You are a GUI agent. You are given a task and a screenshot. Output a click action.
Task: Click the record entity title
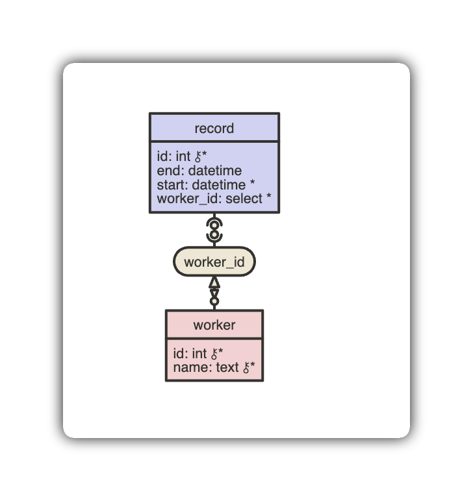pyautogui.click(x=214, y=128)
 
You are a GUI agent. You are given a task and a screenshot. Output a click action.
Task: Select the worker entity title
pyautogui.click(x=214, y=324)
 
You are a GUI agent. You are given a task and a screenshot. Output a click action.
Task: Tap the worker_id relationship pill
pyautogui.click(x=214, y=262)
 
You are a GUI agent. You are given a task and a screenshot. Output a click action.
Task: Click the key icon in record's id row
pyautogui.click(x=198, y=157)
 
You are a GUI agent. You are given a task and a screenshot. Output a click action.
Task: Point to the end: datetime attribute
pyautogui.click(x=199, y=171)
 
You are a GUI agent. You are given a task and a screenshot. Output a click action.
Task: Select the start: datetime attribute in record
pyautogui.click(x=201, y=185)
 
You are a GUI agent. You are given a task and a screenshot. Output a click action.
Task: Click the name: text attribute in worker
pyautogui.click(x=207, y=368)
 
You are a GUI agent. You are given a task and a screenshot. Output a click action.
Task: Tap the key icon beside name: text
pyautogui.click(x=247, y=368)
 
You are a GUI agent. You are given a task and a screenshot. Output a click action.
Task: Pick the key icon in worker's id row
pyautogui.click(x=214, y=354)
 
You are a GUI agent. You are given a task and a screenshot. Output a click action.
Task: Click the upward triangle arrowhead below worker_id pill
pyautogui.click(x=214, y=282)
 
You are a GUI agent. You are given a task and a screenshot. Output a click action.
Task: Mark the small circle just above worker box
pyautogui.click(x=214, y=301)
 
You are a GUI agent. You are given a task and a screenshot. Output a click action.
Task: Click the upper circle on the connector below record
pyautogui.click(x=214, y=225)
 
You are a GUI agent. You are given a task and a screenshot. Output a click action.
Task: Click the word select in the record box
pyautogui.click(x=244, y=199)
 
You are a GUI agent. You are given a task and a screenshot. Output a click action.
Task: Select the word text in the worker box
pyautogui.click(x=227, y=368)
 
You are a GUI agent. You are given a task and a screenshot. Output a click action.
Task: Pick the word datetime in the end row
pyautogui.click(x=214, y=171)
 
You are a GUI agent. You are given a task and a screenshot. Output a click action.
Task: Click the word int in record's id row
pyautogui.click(x=183, y=157)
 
